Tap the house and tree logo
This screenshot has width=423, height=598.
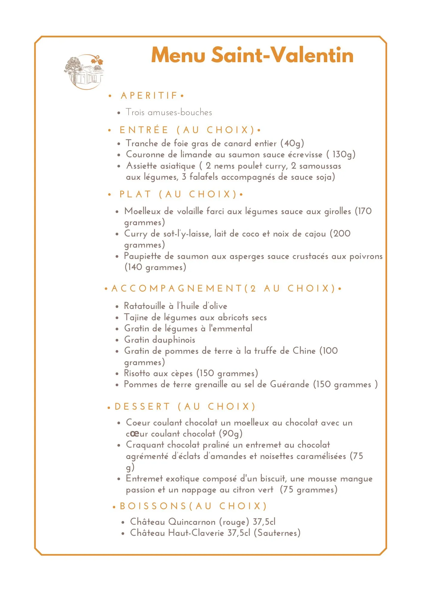coord(84,72)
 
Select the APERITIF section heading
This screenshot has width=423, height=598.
coord(149,96)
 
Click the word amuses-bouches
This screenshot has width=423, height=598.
coord(180,112)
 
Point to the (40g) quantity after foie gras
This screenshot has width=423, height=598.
coord(292,144)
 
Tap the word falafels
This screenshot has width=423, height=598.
coord(203,177)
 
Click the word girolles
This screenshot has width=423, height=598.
coord(337,211)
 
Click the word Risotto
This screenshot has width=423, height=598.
coord(137,373)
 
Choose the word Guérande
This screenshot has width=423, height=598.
coord(289,384)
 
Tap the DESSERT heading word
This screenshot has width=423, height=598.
coord(142,407)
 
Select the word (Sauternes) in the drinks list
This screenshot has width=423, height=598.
coord(277,533)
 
